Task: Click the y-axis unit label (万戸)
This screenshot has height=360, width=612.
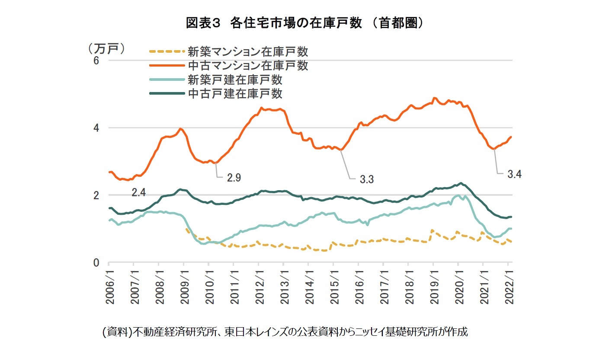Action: tap(106, 48)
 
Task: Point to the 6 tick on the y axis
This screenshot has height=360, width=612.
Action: tap(96, 61)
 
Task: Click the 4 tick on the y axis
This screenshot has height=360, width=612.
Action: tap(96, 128)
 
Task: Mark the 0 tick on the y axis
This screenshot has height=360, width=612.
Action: tap(96, 263)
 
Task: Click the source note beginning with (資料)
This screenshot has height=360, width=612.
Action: tap(285, 332)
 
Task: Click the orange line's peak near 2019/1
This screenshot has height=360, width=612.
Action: tap(435, 98)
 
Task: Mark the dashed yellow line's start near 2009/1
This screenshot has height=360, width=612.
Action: tap(186, 229)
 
